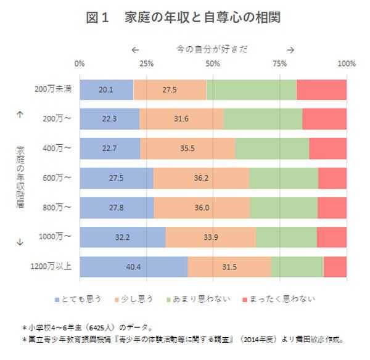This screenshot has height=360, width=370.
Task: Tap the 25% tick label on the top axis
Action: [146, 63]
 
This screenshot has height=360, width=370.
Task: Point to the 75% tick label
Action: [279, 63]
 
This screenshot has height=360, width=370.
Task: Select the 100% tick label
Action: [347, 63]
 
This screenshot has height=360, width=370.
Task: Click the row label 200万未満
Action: [54, 89]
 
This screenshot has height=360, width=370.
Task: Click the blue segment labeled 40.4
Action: [134, 266]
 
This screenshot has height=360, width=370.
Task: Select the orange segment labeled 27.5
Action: [170, 89]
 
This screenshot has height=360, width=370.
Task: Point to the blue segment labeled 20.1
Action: [106, 89]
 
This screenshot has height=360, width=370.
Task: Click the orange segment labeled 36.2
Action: [200, 178]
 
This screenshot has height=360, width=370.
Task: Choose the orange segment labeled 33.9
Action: [210, 237]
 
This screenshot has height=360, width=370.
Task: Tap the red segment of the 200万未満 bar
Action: [321, 89]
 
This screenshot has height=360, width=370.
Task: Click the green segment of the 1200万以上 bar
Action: [297, 266]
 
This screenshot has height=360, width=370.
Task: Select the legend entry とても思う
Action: [78, 299]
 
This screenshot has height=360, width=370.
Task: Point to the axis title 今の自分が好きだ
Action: [212, 49]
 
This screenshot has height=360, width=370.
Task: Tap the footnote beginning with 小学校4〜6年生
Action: [86, 327]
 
